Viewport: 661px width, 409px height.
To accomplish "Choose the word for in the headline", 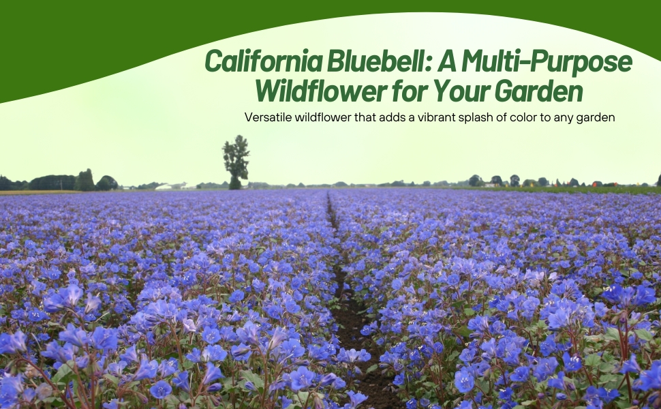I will click(x=408, y=91).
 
